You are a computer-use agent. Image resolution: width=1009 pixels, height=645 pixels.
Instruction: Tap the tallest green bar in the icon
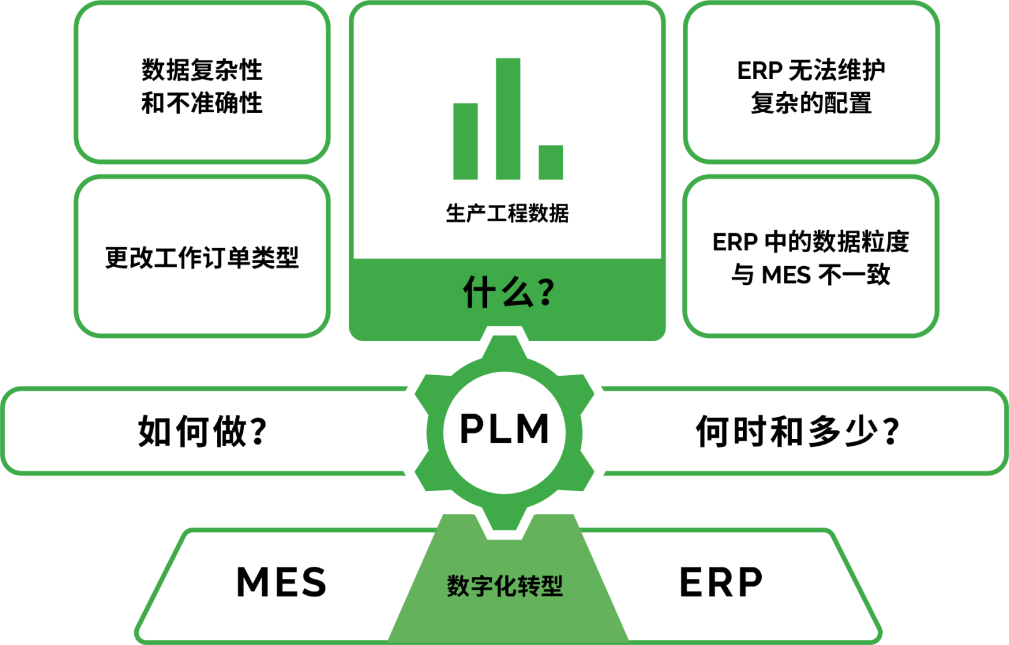508,119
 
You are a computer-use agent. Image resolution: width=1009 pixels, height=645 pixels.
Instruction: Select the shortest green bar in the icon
551,162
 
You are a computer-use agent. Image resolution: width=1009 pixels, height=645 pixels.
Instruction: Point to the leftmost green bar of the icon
465,141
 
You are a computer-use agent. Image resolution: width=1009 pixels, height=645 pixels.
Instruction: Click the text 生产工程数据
507,214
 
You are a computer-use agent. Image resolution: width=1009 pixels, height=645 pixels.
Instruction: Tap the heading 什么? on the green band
508,293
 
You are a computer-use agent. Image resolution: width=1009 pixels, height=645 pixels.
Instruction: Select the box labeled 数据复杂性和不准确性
202,86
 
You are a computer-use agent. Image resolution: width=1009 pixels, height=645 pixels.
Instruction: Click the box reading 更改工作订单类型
202,257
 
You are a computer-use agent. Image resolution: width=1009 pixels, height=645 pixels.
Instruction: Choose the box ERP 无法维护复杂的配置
811,86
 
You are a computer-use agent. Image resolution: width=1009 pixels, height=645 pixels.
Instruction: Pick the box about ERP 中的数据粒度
811,257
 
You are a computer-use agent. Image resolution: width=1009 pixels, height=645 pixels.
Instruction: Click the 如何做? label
202,431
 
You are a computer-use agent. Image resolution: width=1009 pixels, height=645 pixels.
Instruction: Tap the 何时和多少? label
797,431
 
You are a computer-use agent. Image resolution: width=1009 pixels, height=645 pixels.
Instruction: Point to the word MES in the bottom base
281,582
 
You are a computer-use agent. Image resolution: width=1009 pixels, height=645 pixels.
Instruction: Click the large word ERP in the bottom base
721,582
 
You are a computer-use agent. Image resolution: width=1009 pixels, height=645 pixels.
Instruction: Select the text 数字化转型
504,586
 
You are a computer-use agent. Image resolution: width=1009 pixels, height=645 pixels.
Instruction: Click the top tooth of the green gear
504,347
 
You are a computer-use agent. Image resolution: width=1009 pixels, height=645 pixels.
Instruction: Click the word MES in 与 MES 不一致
786,275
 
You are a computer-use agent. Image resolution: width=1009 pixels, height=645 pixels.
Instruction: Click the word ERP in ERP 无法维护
759,71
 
